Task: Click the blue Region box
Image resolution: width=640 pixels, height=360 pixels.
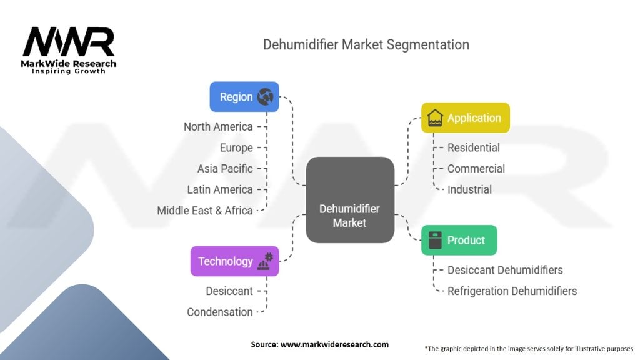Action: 244,97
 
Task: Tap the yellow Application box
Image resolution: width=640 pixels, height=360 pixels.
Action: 465,117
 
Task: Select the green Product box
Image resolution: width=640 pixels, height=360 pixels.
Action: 459,240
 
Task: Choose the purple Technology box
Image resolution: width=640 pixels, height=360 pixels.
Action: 235,261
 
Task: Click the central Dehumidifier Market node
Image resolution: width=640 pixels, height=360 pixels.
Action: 350,200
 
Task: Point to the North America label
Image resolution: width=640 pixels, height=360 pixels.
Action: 218,126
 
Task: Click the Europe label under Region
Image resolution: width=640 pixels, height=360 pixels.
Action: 236,147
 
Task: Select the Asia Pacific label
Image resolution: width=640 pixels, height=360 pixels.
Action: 225,169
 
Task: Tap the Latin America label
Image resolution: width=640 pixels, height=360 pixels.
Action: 220,190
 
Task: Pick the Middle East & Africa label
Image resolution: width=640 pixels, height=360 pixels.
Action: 205,211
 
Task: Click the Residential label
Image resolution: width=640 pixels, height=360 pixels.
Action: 474,147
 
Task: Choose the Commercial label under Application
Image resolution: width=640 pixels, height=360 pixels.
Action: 476,169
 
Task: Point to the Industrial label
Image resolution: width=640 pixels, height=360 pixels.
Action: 469,190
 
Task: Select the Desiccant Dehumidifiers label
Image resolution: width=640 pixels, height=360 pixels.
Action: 505,270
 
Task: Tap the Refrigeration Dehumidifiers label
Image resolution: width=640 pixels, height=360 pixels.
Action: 512,291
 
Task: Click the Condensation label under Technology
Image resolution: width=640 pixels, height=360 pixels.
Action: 220,312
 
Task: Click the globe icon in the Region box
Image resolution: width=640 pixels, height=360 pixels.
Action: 265,97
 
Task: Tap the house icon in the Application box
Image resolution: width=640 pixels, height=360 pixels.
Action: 435,117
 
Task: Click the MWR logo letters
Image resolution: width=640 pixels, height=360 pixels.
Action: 69,41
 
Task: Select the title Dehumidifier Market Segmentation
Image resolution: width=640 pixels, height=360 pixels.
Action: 366,44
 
